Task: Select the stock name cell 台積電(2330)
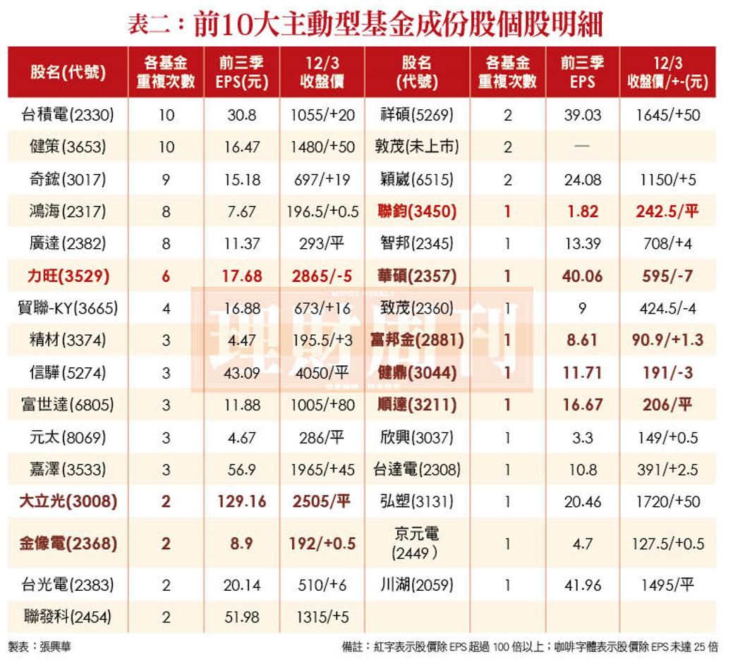(x=68, y=114)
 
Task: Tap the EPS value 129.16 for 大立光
(x=242, y=502)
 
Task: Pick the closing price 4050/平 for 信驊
(x=322, y=372)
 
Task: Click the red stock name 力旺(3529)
(x=68, y=276)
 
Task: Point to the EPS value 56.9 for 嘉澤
(x=242, y=470)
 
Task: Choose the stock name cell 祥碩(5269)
(x=416, y=114)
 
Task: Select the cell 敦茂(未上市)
(x=416, y=147)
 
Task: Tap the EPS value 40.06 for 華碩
(x=583, y=276)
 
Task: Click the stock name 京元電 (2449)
(x=416, y=544)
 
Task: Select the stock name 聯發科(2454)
(x=68, y=618)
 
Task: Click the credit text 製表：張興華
(x=40, y=646)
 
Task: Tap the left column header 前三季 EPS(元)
(x=242, y=72)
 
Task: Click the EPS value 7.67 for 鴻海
(x=242, y=212)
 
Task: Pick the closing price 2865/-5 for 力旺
(x=322, y=276)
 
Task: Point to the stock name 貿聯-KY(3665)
(x=68, y=308)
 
